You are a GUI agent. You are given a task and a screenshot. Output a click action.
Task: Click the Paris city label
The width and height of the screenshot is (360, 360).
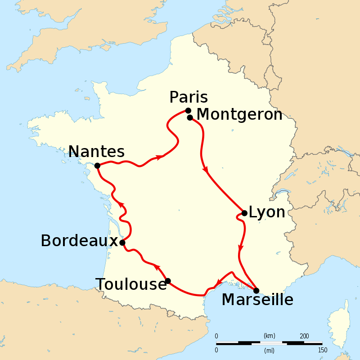coord(189,97)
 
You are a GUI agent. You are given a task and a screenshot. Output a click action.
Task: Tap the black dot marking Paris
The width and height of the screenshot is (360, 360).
coord(188,111)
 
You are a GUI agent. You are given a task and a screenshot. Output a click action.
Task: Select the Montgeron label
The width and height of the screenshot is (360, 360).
coord(239,115)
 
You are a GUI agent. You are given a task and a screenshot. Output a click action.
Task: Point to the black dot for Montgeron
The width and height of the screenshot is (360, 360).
coord(190,117)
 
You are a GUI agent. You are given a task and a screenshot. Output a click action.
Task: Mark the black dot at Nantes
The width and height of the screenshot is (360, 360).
coord(97,166)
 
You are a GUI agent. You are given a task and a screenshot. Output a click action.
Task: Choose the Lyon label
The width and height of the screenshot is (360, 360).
coord(267,212)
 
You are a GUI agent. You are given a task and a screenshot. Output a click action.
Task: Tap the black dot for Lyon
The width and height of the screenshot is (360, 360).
coord(244,213)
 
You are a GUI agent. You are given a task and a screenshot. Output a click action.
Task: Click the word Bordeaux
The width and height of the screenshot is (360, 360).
coord(79,241)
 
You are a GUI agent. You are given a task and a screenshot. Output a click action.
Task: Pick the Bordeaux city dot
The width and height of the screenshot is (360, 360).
coord(122,243)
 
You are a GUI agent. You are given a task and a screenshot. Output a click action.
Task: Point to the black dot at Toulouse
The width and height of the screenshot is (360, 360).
coord(168,281)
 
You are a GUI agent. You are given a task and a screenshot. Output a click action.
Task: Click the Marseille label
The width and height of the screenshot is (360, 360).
coord(257,300)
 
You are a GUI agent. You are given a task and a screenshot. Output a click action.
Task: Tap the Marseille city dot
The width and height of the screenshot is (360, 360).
coord(256,290)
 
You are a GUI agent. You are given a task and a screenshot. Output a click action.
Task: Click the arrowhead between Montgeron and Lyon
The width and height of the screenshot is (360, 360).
coord(207,170)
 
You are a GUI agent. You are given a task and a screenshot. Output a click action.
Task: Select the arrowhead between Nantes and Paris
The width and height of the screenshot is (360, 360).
coord(159,157)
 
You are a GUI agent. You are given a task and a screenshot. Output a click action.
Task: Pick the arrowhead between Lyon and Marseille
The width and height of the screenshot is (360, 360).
coord(241,247)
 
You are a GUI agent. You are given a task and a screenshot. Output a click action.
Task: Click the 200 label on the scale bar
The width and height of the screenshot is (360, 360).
coord(304,336)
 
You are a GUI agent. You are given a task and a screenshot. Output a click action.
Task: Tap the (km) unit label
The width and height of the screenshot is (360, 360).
coord(269,336)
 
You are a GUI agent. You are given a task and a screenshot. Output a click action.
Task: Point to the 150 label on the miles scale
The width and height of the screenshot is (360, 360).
coord(322,350)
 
